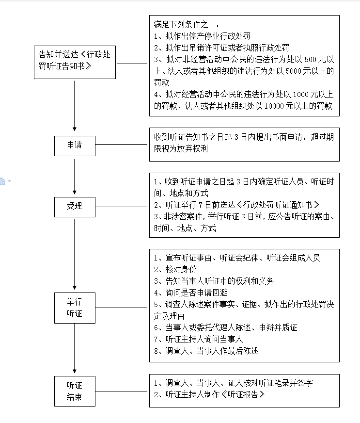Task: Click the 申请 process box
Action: point(75,145)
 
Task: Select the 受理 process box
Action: point(75,206)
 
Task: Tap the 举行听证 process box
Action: point(75,308)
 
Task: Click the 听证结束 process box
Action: point(75,391)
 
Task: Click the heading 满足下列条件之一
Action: point(187,24)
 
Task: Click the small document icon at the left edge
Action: point(2,181)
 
